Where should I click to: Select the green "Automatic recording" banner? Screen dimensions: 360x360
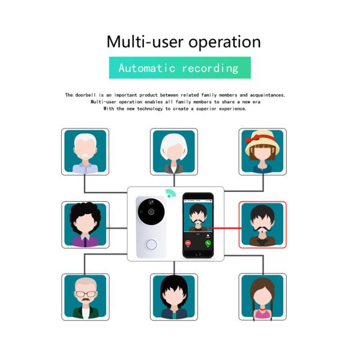179,68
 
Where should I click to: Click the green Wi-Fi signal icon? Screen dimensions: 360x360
172,196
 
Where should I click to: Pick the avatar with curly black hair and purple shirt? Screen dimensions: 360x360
85,225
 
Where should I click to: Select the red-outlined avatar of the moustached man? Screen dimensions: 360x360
263,225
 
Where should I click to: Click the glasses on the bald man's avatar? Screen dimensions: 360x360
85,295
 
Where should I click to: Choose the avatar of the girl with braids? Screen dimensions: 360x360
262,297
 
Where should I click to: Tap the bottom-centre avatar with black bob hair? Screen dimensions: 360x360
174,297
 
